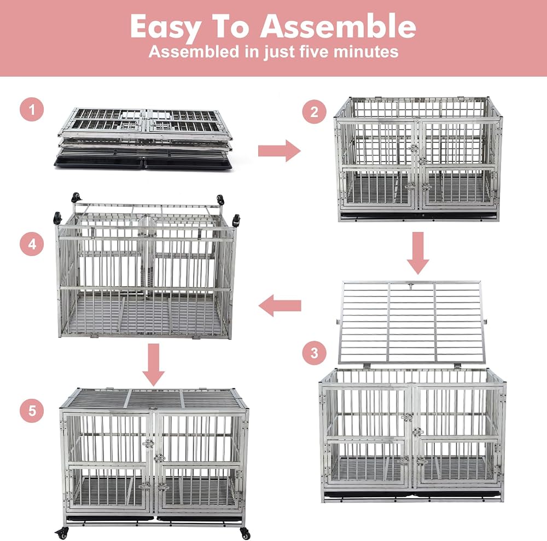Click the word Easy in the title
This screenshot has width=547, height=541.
pos(165,27)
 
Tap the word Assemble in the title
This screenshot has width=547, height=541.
pos(338,26)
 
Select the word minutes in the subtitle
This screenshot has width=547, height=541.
pos(365,51)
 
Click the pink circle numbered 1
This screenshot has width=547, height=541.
pos(32,109)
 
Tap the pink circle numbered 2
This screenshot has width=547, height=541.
pos(314,112)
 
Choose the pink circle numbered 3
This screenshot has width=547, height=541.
pos(314,353)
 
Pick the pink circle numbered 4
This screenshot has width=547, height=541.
pos(32,244)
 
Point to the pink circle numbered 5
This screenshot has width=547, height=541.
pos(32,411)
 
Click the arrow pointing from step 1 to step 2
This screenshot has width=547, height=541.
pos(279,150)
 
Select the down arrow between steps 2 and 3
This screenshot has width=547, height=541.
pos(418,253)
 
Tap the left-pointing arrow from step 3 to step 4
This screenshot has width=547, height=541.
pos(280,306)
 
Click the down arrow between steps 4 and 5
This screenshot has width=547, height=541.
pos(154,365)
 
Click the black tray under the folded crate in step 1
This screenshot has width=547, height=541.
pos(143,162)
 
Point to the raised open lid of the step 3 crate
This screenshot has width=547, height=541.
pos(412,323)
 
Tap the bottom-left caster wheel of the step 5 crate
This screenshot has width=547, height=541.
pos(62,533)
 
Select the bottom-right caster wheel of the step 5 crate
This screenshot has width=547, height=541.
pos(245,533)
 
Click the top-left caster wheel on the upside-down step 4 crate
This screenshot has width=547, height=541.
pos(75,198)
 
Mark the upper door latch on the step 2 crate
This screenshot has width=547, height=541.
pos(414,148)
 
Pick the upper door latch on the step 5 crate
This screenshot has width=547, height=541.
pos(148,444)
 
